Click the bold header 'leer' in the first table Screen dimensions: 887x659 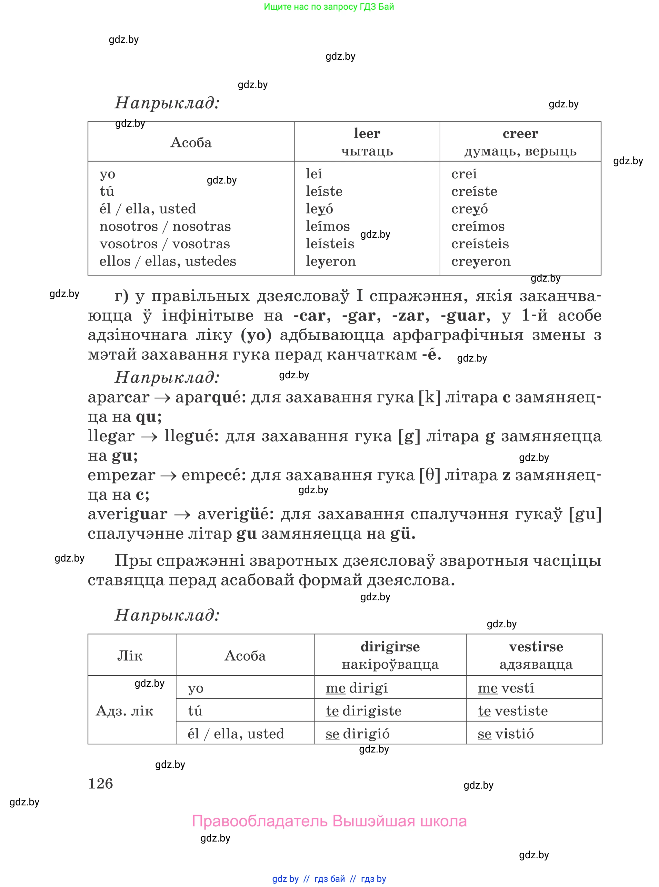[367, 133]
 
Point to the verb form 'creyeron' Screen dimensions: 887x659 [481, 261]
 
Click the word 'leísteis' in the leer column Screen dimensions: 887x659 [330, 244]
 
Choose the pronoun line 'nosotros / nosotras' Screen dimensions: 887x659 [165, 226]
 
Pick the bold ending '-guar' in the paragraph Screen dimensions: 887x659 [463, 315]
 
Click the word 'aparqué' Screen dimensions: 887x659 [211, 397]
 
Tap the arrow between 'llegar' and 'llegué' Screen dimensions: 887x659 [149, 436]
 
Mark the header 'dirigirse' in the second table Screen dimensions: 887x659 [390, 646]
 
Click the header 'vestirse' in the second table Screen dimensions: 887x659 [536, 646]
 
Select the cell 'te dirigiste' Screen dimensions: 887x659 [364, 711]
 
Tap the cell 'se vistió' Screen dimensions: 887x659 [505, 734]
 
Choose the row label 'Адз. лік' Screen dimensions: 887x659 [125, 711]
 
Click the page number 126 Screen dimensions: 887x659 [101, 784]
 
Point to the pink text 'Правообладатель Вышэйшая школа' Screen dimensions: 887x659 [329, 821]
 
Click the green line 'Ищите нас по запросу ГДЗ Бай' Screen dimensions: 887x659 [329, 7]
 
